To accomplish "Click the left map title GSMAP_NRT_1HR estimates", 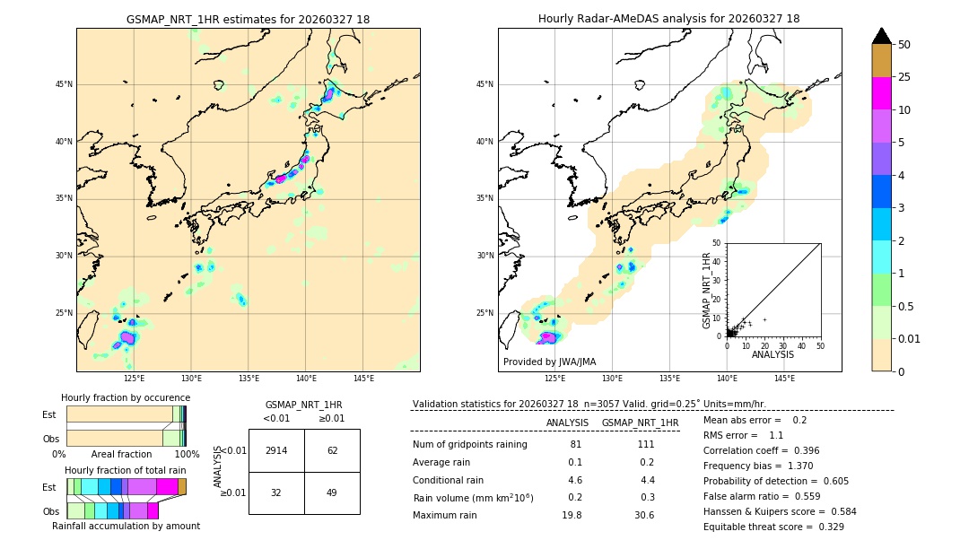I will tap(248, 19).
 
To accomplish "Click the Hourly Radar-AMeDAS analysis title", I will tap(669, 19).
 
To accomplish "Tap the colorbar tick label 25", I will tap(904, 77).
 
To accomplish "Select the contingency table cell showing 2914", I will tap(276, 450).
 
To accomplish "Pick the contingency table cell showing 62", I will tap(332, 450).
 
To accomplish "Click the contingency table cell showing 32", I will tap(276, 492).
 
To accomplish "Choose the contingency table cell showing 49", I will tap(332, 492).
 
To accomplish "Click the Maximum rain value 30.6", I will tap(645, 515).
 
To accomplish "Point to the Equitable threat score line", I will tap(773, 527).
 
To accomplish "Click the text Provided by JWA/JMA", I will tap(549, 362).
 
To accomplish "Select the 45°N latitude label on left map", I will tap(64, 84).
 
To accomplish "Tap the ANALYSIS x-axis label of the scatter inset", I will tap(773, 354).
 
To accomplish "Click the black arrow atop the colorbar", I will tap(882, 36).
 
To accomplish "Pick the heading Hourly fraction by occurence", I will tap(126, 397).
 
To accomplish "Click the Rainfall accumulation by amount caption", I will tap(126, 526).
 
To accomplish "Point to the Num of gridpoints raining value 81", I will tap(575, 445).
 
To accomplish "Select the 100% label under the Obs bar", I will tap(187, 454).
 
